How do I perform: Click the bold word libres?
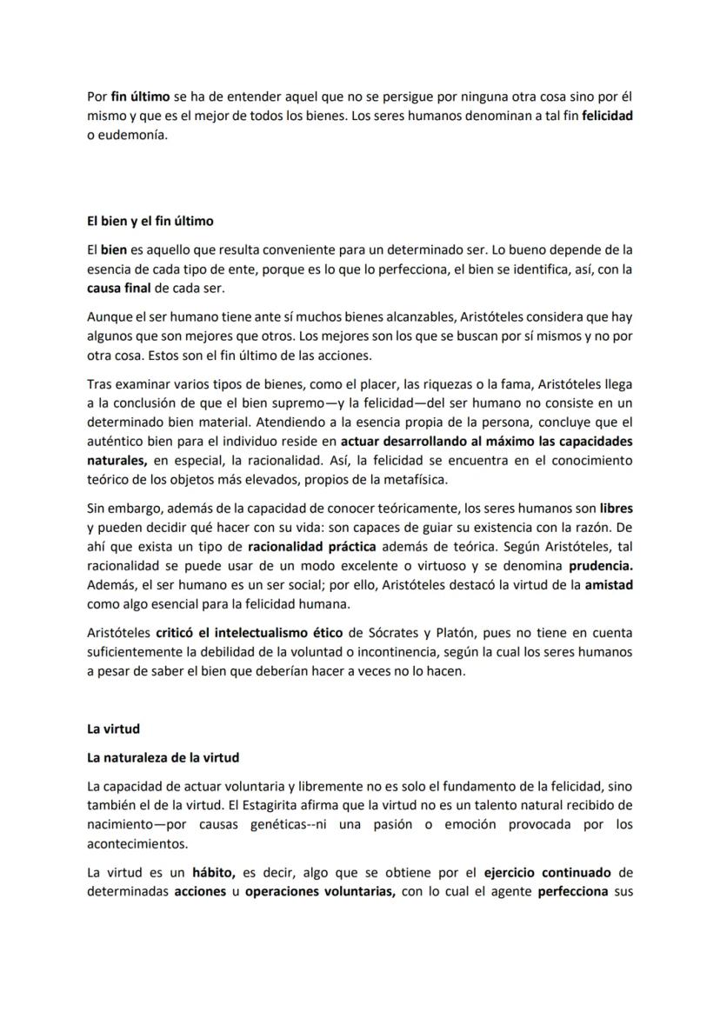pos(617,507)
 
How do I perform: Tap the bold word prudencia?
pos(594,566)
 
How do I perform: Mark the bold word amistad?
pos(608,585)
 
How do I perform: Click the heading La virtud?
pos(113,729)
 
